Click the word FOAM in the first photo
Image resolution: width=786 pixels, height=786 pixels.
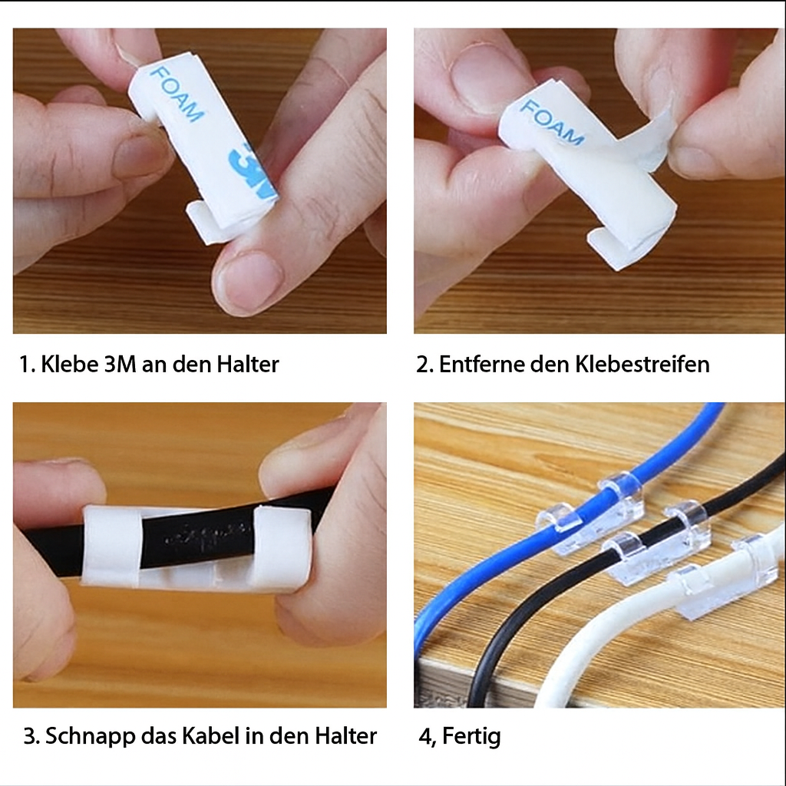click(177, 94)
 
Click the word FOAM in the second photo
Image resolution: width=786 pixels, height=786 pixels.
click(551, 123)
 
